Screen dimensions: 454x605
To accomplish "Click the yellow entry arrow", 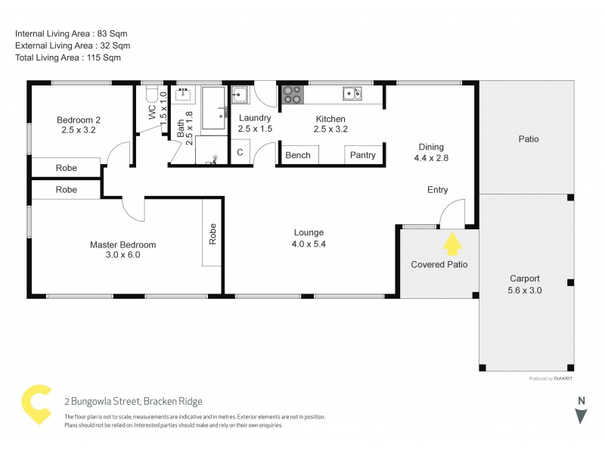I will pos(452,244).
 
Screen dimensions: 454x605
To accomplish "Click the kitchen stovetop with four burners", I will pos(291,95).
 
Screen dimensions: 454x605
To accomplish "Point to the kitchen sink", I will pos(352,94).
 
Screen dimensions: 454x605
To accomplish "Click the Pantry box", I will pos(363,155).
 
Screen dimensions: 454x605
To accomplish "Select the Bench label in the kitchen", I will pos(298,155).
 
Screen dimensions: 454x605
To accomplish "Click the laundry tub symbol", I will pos(240,95).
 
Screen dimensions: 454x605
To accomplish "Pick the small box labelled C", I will pos(240,152).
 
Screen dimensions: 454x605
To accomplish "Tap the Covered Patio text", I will pos(439,264).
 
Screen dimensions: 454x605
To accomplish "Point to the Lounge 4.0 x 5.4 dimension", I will pos(309,244).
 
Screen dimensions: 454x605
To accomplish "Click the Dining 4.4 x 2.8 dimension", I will pos(432,159).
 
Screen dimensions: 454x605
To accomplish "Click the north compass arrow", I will pos(581,415).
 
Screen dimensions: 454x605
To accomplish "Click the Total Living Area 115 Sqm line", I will pos(68,58).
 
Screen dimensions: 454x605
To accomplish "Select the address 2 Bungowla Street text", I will pos(133,401).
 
